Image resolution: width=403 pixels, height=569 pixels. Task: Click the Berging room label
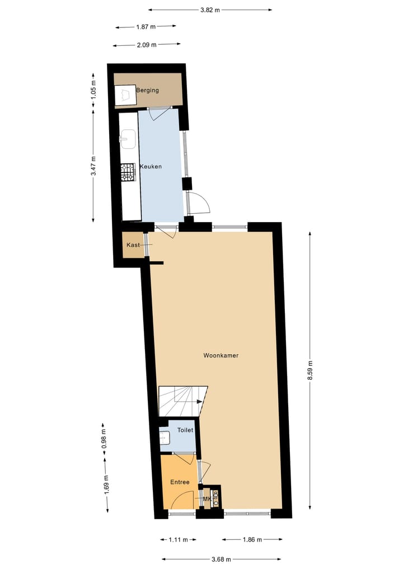[x=147, y=90]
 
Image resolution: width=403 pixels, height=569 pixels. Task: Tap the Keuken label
[x=151, y=167]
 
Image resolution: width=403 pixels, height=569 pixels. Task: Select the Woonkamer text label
[x=221, y=355]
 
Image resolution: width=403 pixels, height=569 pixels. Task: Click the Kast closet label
[x=133, y=246]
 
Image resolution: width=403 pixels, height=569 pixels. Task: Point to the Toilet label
[x=185, y=430]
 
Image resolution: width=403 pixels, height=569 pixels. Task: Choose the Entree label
[x=180, y=482]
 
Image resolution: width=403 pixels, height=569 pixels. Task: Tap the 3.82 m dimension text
[x=210, y=10]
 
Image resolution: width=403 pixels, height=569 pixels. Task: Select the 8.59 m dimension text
[x=310, y=371]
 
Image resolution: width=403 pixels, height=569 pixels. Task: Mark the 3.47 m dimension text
[x=93, y=166]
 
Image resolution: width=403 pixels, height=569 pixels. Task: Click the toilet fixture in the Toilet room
[x=164, y=438]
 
